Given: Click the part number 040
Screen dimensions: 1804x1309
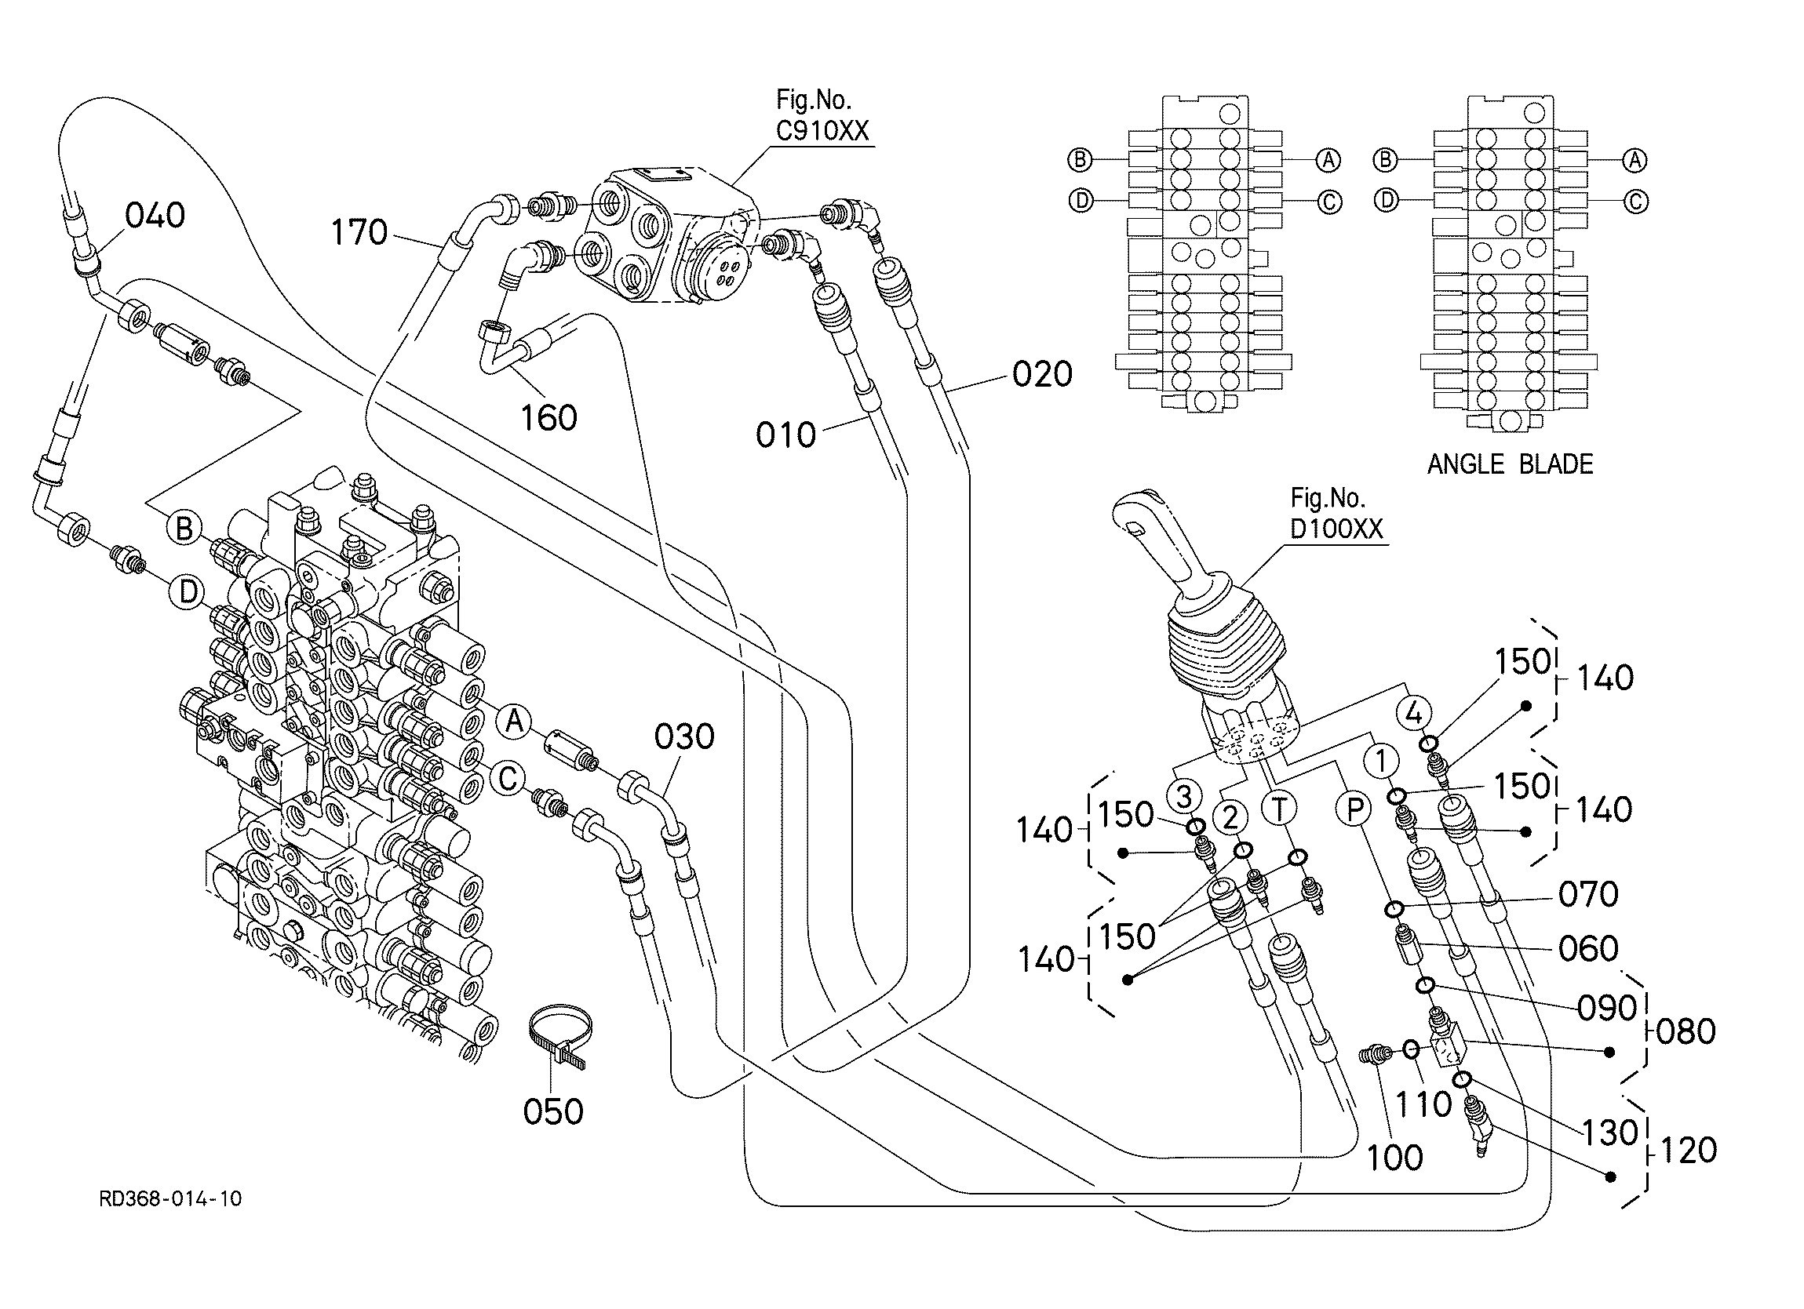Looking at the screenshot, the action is pyautogui.click(x=155, y=215).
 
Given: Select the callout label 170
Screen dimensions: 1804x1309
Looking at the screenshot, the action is pyautogui.click(x=359, y=232).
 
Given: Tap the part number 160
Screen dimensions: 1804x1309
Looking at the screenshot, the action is pyautogui.click(x=548, y=417).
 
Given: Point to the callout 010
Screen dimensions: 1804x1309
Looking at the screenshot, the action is pyautogui.click(x=786, y=435).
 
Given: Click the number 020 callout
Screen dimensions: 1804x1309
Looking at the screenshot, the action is pyautogui.click(x=1043, y=374).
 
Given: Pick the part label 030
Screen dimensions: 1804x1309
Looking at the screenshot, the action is pyautogui.click(x=684, y=736).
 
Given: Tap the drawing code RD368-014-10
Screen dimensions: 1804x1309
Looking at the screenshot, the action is pyautogui.click(x=170, y=1198).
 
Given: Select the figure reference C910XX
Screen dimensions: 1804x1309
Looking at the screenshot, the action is pyautogui.click(x=822, y=130).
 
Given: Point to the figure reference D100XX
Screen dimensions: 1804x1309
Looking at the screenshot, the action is pyautogui.click(x=1336, y=529).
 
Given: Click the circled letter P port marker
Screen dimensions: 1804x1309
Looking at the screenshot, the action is pyautogui.click(x=1354, y=809).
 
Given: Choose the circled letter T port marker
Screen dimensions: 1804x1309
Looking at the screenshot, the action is pyautogui.click(x=1279, y=809).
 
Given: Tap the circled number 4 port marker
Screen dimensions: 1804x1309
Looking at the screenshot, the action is pyautogui.click(x=1413, y=714).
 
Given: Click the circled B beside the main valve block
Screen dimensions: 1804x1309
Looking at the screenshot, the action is pyautogui.click(x=184, y=528).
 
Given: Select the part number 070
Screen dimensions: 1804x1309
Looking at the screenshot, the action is pyautogui.click(x=1587, y=895).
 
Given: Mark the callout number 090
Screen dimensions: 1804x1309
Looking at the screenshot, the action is pyautogui.click(x=1607, y=1008).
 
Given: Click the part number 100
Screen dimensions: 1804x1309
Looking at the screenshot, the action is pyautogui.click(x=1394, y=1158).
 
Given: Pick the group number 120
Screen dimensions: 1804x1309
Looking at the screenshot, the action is pyautogui.click(x=1687, y=1150).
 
